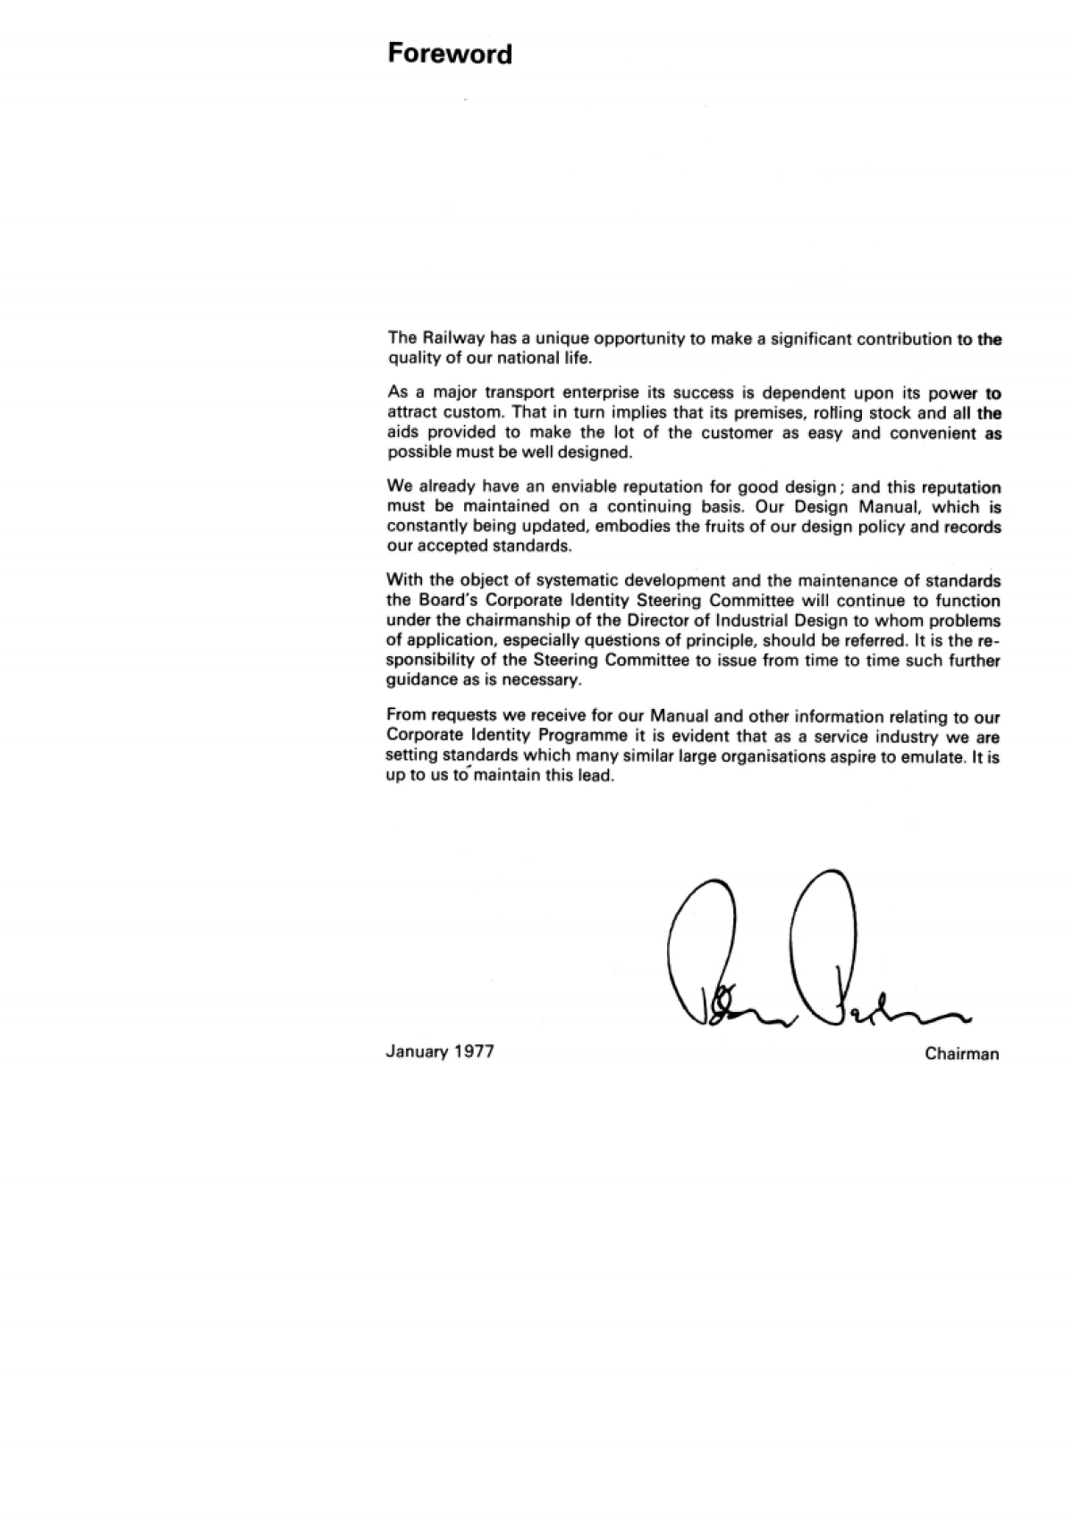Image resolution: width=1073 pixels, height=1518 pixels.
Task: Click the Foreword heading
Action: click(450, 55)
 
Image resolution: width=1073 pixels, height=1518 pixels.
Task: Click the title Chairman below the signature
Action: click(962, 1054)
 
